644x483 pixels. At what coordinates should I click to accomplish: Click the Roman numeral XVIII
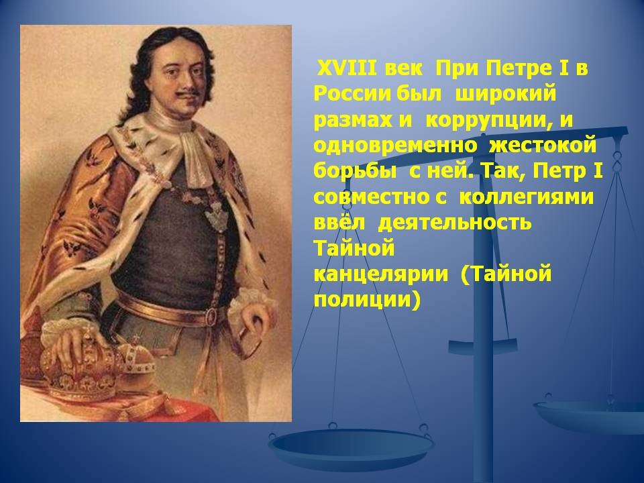coord(347,68)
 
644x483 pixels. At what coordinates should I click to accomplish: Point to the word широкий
coord(506,95)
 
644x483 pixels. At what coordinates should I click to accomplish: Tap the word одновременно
coord(396,146)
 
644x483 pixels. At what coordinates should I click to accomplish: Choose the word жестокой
coord(542,146)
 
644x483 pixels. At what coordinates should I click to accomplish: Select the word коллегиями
coord(526,197)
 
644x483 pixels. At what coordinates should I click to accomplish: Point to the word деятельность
coord(454,223)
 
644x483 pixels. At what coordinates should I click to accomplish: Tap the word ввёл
coord(339,222)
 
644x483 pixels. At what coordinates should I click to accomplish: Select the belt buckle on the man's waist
coord(212,316)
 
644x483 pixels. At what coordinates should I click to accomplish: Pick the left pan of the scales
coord(351,447)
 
